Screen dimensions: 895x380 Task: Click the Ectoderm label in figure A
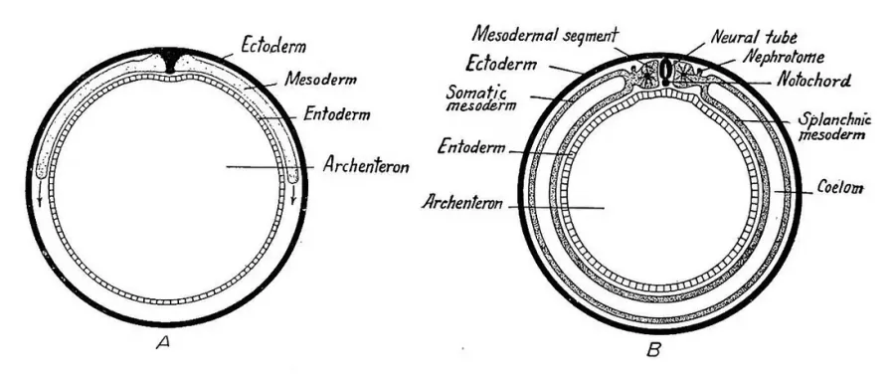pyautogui.click(x=272, y=45)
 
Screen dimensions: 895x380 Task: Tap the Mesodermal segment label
pyautogui.click(x=545, y=35)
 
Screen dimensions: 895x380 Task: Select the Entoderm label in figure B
pyautogui.click(x=471, y=148)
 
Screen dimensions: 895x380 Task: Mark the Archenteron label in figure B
pyautogui.click(x=461, y=203)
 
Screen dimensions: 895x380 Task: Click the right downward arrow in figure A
pyautogui.click(x=293, y=193)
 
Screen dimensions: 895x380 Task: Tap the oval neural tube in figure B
pyautogui.click(x=665, y=70)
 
